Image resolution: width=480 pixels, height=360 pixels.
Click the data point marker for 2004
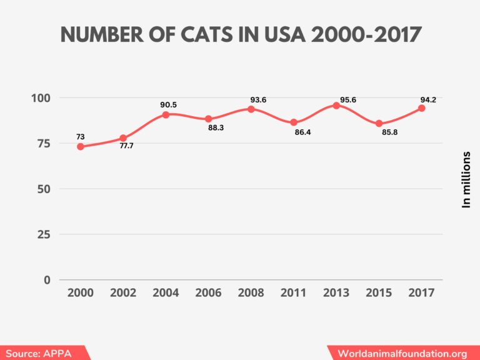coord(166,114)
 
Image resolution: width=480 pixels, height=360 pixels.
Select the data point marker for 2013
coord(336,106)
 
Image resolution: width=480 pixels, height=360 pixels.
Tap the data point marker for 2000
coord(81,146)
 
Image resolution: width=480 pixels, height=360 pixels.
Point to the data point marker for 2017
coord(421,108)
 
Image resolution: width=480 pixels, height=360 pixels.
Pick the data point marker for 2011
coord(294,122)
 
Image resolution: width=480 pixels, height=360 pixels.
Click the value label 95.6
coord(349,100)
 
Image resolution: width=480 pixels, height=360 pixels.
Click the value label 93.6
coord(258,99)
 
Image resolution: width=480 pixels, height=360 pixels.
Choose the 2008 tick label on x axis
coord(251,292)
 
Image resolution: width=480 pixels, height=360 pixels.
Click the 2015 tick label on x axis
coord(379,292)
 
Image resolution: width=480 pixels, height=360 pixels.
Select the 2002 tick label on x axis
coord(123,292)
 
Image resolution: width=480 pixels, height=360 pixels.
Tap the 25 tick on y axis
coord(44,234)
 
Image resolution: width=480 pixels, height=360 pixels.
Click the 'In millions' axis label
coord(466,179)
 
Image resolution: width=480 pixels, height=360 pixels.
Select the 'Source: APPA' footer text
coord(39,353)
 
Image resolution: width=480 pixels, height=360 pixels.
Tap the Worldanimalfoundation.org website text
coord(402,353)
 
